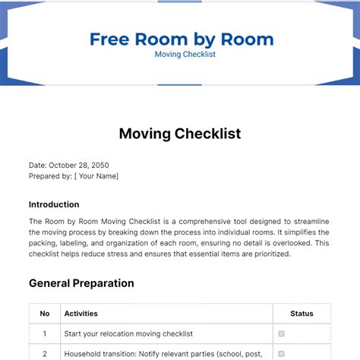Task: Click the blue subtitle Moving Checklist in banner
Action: (x=180, y=55)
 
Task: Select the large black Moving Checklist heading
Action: (x=180, y=134)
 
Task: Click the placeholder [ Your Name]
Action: (x=96, y=176)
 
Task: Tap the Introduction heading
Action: (x=54, y=204)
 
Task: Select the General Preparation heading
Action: (x=81, y=283)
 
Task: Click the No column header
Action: (x=45, y=313)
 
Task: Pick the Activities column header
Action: (x=81, y=313)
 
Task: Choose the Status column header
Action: (x=302, y=313)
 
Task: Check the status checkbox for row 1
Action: (x=282, y=333)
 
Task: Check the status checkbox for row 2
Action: (x=282, y=353)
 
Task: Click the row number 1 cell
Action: (x=45, y=333)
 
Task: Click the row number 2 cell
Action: (x=45, y=353)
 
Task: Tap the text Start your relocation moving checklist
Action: (x=128, y=333)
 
